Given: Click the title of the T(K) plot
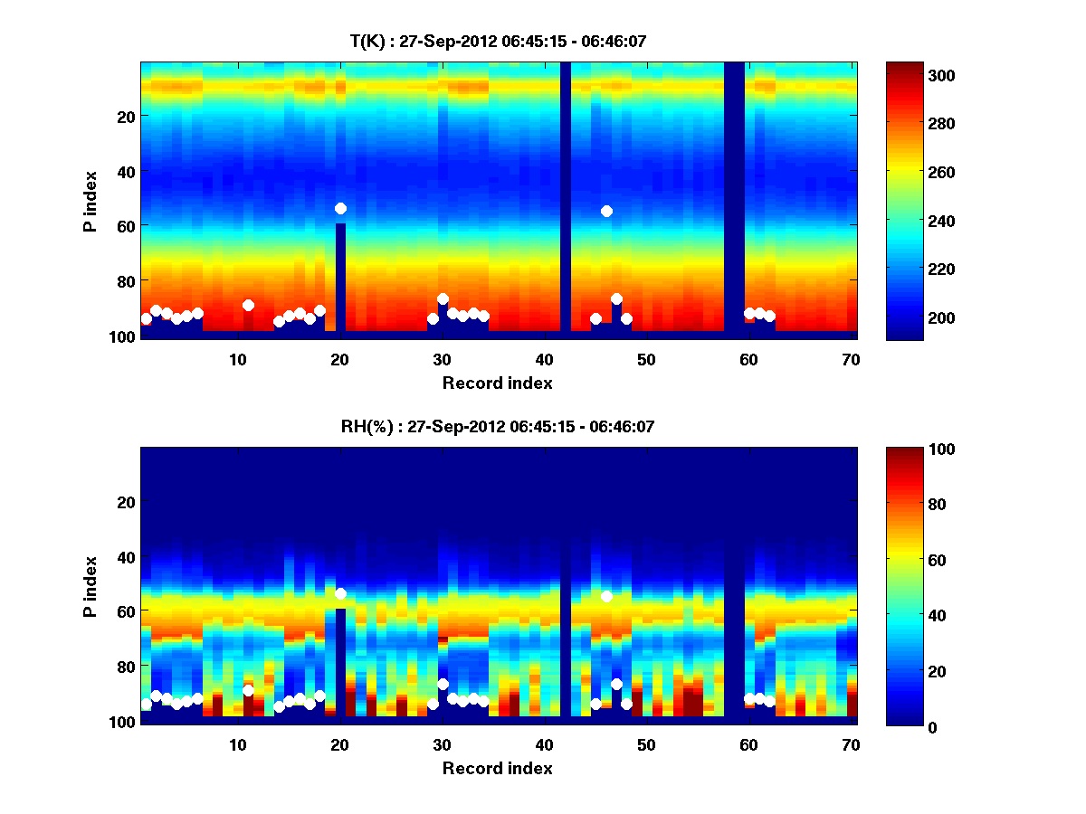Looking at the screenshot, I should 498,41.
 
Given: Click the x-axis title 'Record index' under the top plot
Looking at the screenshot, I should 498,383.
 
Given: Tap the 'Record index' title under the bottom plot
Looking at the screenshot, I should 498,768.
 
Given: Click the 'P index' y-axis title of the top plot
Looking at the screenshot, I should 90,199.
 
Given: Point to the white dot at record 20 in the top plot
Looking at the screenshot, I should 340,208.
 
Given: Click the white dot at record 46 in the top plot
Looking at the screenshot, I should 606,211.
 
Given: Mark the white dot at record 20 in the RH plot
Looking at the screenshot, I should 340,593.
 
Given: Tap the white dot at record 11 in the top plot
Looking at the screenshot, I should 248,305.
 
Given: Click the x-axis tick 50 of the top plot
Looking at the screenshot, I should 646,359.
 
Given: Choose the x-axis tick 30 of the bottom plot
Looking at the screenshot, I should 443,744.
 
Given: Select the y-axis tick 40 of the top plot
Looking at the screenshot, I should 125,171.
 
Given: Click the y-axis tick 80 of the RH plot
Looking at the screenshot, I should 125,667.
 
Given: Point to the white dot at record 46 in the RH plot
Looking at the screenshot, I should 606,596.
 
